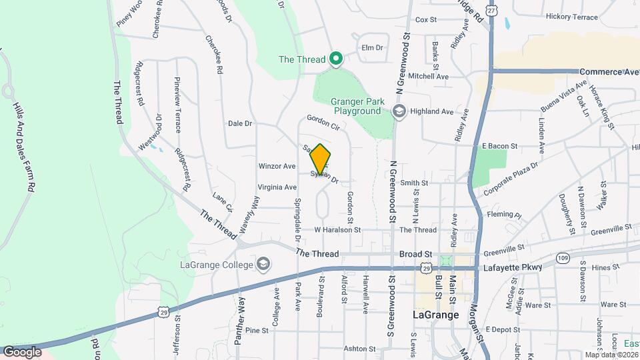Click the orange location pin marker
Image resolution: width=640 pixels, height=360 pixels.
tap(320, 159)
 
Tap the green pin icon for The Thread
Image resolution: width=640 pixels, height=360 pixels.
tap(337, 60)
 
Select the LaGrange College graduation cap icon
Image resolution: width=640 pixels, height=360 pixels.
tap(264, 265)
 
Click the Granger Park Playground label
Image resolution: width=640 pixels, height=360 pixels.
tap(357, 106)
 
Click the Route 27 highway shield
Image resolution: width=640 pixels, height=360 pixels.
tap(491, 11)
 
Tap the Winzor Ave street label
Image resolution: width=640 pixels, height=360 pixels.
tap(277, 166)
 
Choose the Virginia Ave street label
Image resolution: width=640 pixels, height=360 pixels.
tap(277, 187)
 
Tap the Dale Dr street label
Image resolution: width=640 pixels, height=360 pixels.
tap(240, 123)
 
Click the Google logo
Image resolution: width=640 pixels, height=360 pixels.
tap(22, 351)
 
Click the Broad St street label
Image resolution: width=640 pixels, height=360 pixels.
tap(416, 254)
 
